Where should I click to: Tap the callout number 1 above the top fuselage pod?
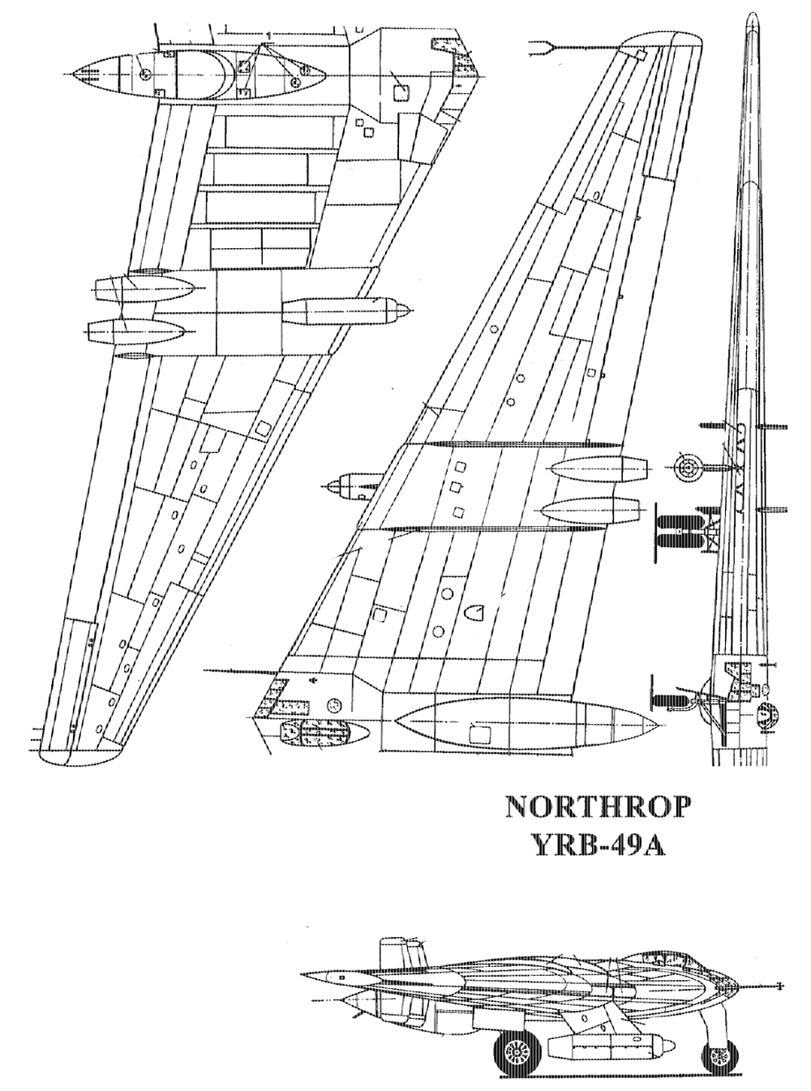click(x=268, y=36)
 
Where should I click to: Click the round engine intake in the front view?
click(x=687, y=468)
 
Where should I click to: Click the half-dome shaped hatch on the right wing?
click(x=474, y=613)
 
